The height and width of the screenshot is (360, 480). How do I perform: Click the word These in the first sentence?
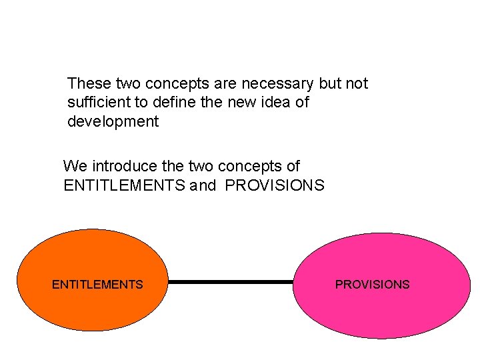(x=89, y=84)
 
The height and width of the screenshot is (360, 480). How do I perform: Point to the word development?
(x=113, y=122)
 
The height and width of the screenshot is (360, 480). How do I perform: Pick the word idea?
(x=276, y=103)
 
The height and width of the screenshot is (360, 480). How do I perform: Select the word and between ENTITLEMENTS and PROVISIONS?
(x=204, y=185)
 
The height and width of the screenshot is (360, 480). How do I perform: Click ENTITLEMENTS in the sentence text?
(x=125, y=185)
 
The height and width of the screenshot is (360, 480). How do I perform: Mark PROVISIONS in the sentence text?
(x=275, y=185)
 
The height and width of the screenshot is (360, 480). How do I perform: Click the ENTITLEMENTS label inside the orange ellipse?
(x=97, y=285)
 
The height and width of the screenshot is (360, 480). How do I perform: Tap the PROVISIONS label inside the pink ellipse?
(x=372, y=285)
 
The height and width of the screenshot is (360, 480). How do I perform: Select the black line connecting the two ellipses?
(x=230, y=282)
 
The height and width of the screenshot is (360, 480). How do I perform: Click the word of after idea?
(x=302, y=103)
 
